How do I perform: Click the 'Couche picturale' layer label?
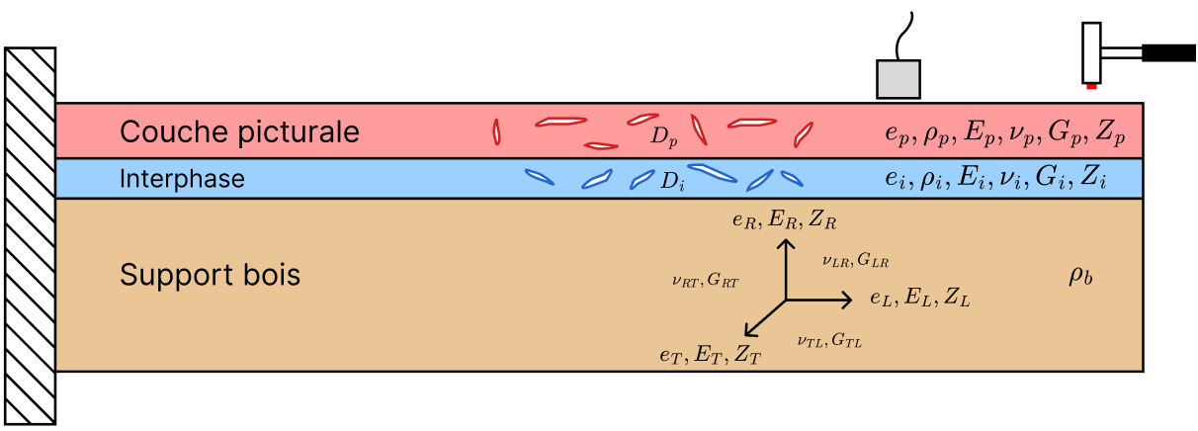[239, 132]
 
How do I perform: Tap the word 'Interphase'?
[182, 179]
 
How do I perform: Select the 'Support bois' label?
[210, 275]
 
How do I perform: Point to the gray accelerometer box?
[898, 79]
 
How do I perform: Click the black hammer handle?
[1168, 53]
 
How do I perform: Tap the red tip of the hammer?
[1091, 86]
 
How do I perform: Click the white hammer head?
[1091, 53]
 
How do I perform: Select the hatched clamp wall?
[30, 236]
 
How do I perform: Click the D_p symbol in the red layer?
[664, 136]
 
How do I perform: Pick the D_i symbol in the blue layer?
[672, 181]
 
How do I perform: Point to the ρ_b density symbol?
[1080, 276]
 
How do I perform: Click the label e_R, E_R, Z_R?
[785, 219]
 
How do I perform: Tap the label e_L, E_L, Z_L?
[920, 298]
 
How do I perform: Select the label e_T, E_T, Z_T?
[711, 354]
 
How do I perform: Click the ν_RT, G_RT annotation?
[706, 280]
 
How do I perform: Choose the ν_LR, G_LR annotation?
[856, 260]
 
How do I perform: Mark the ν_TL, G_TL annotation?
[829, 340]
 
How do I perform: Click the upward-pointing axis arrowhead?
[786, 244]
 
